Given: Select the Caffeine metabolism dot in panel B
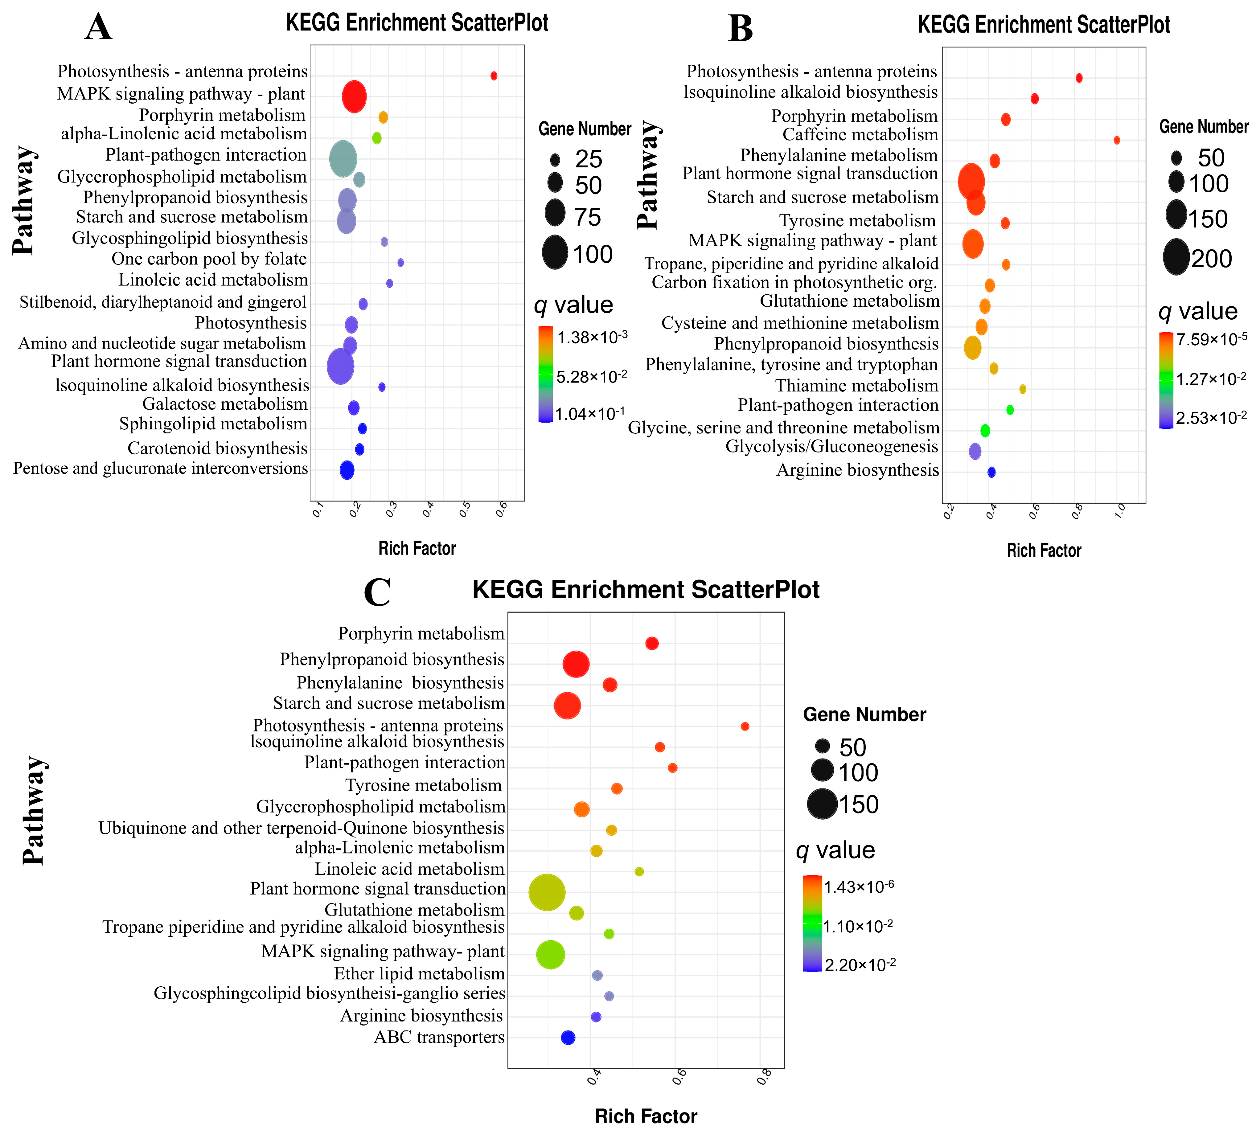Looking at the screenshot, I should pyautogui.click(x=1117, y=140).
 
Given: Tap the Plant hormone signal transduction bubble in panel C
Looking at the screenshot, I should pyautogui.click(x=547, y=892).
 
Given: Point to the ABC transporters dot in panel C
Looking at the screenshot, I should pyautogui.click(x=568, y=1038).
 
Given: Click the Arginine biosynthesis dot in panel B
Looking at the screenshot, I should pyautogui.click(x=991, y=472).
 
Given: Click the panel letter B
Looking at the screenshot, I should pyautogui.click(x=740, y=29).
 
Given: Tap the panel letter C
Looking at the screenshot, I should pyautogui.click(x=377, y=592).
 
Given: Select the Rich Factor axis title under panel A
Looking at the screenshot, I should pyautogui.click(x=417, y=548).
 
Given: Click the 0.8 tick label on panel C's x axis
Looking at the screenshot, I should pyautogui.click(x=765, y=1076).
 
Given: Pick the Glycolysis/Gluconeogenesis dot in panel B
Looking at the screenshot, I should pyautogui.click(x=975, y=451).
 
